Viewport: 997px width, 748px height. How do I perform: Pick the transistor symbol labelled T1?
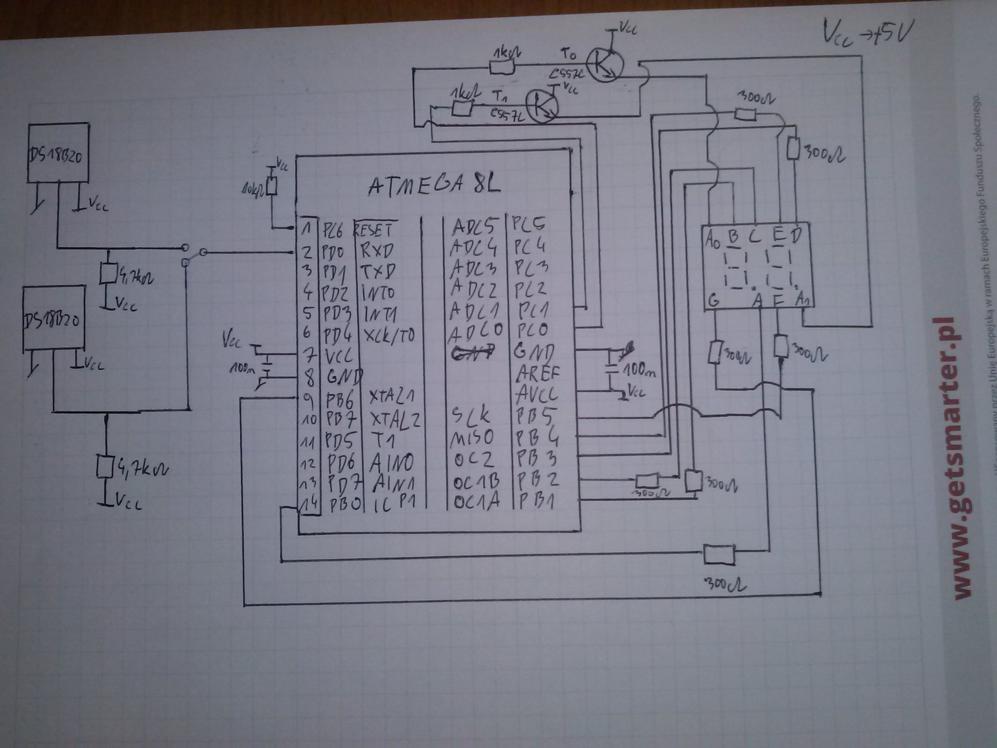pos(542,106)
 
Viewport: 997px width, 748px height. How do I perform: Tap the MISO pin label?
pos(472,438)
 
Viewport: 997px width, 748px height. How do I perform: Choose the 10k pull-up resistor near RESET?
pos(271,186)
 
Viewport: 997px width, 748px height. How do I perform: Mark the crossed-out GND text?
pos(472,352)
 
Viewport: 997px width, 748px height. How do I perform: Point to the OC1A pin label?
pos(476,502)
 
